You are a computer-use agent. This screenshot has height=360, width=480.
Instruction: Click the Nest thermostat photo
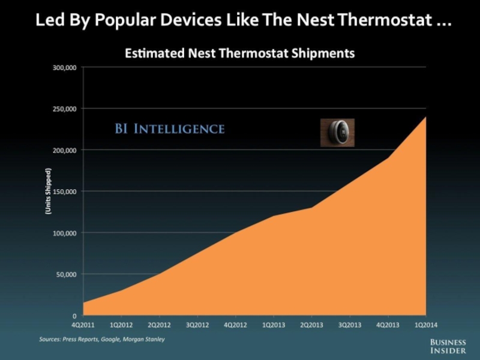tap(337, 132)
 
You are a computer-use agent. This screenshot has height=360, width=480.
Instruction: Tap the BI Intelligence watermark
tap(170, 128)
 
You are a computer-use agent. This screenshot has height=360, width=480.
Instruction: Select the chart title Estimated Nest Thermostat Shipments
tap(239, 53)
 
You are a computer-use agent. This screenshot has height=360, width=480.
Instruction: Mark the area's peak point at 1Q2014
tap(425, 116)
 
